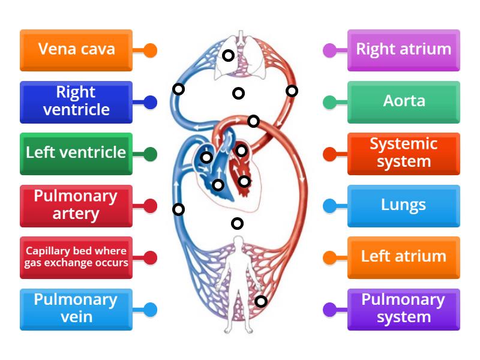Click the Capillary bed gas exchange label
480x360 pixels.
[x=76, y=257]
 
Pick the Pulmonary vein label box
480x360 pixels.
[x=76, y=309]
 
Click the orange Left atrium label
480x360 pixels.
[x=403, y=257]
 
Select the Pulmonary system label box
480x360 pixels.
[x=403, y=309]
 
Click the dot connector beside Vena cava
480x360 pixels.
[x=150, y=50]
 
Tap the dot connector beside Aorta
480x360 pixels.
[x=329, y=103]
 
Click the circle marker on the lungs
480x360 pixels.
[x=228, y=56]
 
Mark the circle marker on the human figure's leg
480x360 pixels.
[x=260, y=301]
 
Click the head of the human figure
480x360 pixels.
[x=238, y=242]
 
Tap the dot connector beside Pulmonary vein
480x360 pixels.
[x=150, y=310]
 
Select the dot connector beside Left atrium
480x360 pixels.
[x=329, y=258]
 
